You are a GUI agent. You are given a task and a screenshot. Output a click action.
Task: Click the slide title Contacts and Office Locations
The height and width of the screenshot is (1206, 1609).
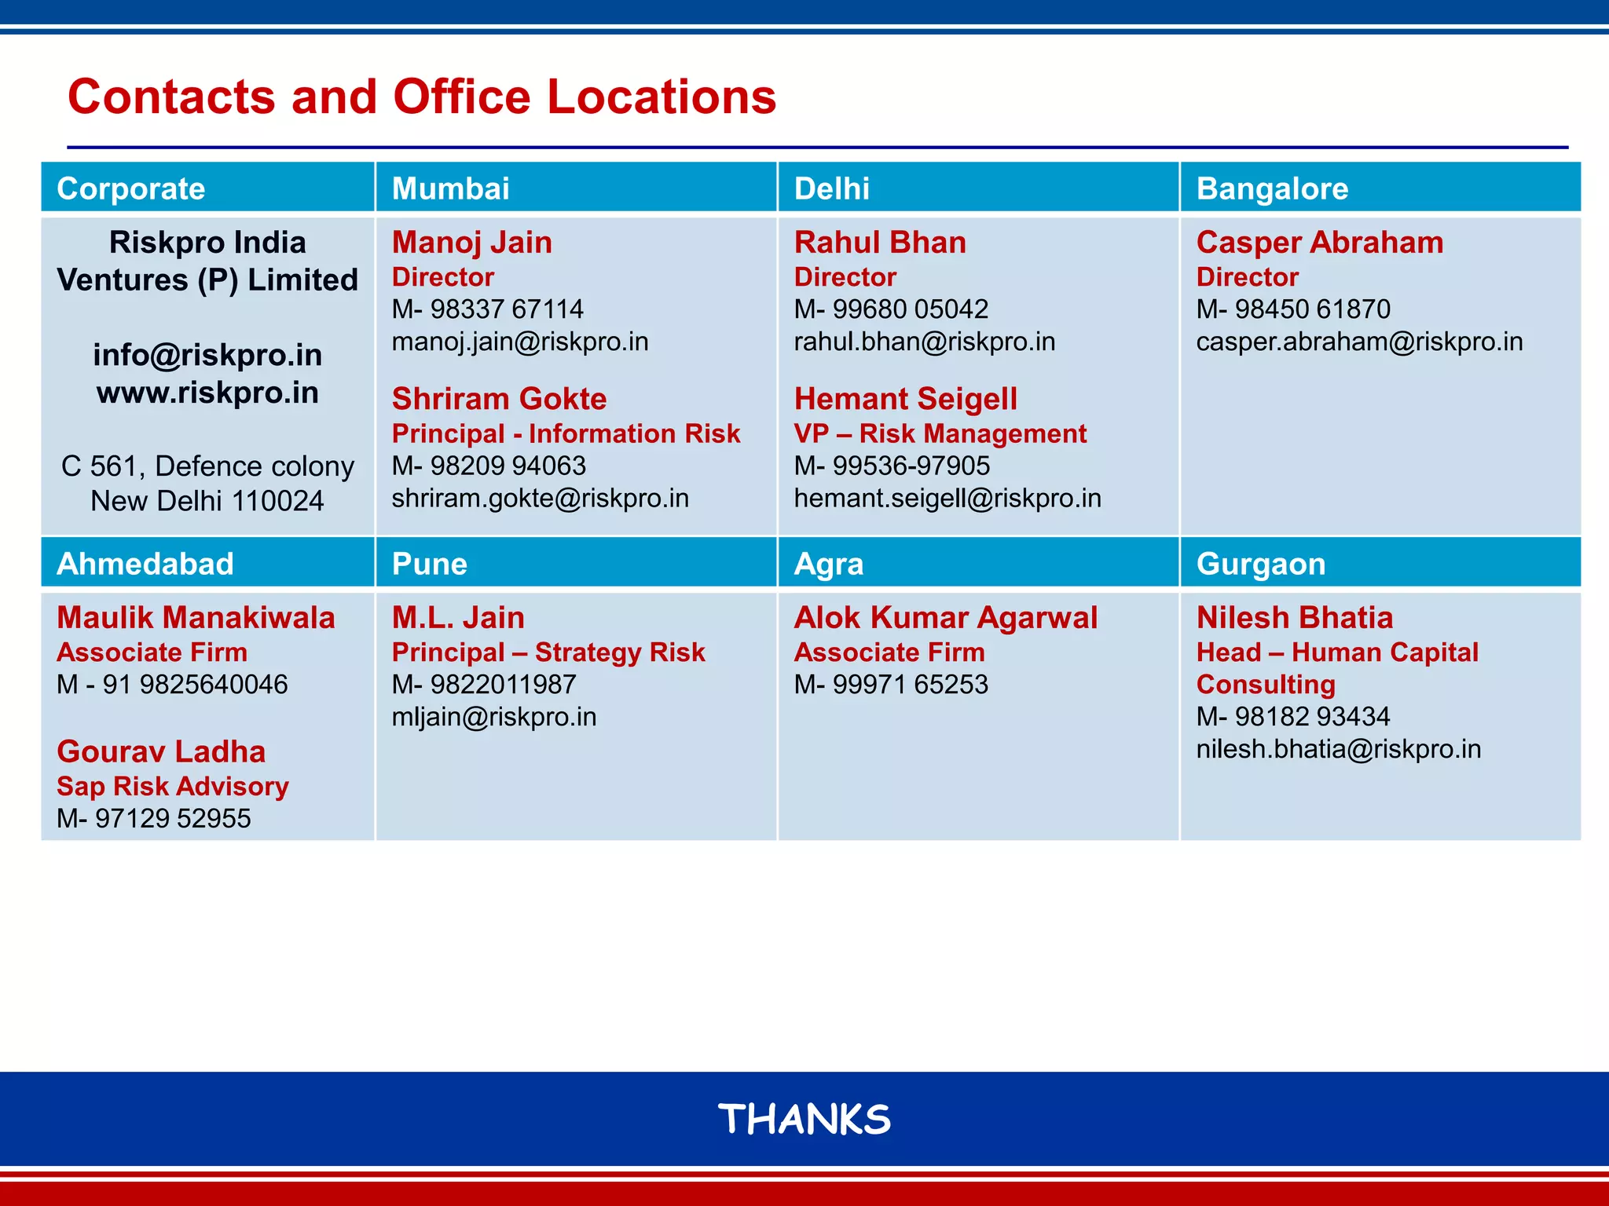click(x=422, y=97)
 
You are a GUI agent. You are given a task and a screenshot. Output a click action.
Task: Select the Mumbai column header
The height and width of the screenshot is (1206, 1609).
click(x=450, y=188)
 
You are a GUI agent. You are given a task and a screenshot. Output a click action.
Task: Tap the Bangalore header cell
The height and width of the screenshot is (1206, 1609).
click(x=1272, y=188)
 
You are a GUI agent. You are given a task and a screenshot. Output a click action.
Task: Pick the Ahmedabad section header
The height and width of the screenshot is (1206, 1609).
click(x=145, y=564)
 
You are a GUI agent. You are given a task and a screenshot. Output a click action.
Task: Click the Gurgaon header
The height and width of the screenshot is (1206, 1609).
click(x=1261, y=564)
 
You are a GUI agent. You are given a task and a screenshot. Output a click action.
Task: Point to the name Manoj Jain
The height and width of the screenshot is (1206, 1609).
click(x=471, y=242)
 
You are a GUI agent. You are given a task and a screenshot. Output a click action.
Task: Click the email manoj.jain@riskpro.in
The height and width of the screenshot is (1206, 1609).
click(x=520, y=342)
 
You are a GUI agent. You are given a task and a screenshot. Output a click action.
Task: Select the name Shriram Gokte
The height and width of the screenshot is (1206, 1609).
click(x=499, y=399)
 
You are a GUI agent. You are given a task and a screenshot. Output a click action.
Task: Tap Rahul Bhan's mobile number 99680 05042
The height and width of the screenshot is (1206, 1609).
click(x=910, y=309)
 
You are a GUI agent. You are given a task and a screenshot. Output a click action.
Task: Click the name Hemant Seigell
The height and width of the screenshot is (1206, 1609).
click(x=905, y=399)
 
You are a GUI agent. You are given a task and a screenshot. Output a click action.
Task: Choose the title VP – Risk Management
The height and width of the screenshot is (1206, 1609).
click(x=940, y=433)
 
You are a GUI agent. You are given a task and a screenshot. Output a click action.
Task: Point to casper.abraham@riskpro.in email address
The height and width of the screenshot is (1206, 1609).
click(x=1359, y=342)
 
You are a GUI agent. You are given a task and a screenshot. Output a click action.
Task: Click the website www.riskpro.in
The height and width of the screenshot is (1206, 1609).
click(x=207, y=392)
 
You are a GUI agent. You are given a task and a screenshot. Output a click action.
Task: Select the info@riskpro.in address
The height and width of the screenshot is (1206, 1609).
click(x=207, y=355)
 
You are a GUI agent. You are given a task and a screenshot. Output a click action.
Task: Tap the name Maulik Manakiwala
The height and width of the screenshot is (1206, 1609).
click(x=196, y=617)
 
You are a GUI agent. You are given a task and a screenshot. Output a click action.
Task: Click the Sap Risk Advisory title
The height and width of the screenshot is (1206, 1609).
click(x=173, y=786)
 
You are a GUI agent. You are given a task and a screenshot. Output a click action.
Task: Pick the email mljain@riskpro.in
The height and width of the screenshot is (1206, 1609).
click(x=494, y=717)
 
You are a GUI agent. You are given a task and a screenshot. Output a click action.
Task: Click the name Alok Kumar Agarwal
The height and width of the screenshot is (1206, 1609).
click(x=945, y=617)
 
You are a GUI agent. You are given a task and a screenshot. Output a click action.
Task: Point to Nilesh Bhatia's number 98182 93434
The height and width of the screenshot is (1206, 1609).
click(x=1312, y=716)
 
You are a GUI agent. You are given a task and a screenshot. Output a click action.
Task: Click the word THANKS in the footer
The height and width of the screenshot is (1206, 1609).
click(x=804, y=1119)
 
